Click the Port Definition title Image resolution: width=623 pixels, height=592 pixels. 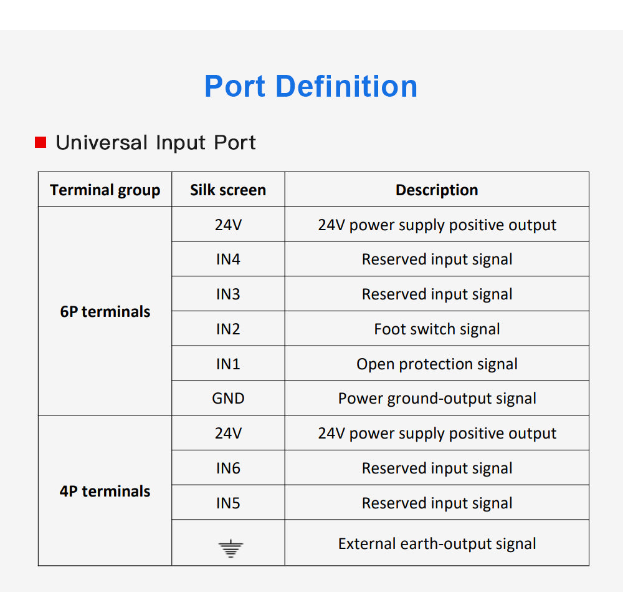pos(311,86)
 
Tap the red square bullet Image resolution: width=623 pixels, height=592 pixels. pos(40,142)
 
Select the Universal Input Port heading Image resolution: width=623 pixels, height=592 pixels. pos(156,142)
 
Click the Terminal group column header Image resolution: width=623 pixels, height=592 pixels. pos(105,190)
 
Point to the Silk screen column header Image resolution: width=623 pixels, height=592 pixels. pos(228,190)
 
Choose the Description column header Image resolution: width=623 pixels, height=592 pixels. pos(437,190)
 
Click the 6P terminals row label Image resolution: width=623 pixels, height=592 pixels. pos(105,311)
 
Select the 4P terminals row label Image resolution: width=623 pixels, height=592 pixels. pos(105,492)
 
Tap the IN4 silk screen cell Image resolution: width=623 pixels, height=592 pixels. pos(228,260)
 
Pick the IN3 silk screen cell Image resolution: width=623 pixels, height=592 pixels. pos(228,294)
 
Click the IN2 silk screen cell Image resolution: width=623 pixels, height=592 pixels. pos(228,329)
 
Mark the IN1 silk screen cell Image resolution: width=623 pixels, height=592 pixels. pos(228,364)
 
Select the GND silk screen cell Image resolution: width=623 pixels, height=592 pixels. pos(228,398)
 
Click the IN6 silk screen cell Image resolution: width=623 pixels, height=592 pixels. pos(228,468)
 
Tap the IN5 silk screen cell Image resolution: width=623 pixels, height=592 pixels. pos(228,503)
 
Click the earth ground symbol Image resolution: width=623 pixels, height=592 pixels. pos(231,548)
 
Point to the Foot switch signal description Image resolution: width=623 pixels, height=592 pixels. pos(437,329)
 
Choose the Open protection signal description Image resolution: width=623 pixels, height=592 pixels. pos(437,364)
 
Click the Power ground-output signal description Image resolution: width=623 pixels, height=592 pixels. pos(437,399)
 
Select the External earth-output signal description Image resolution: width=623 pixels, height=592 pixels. pos(437,544)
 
